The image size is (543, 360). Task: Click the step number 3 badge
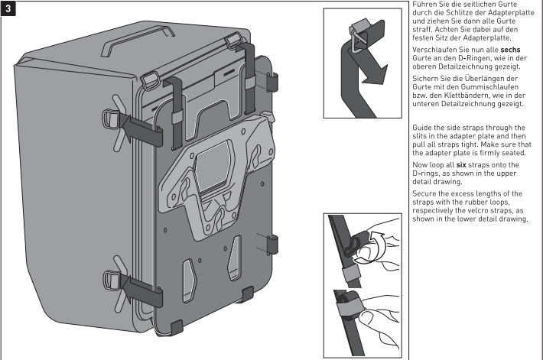[x=10, y=9]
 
